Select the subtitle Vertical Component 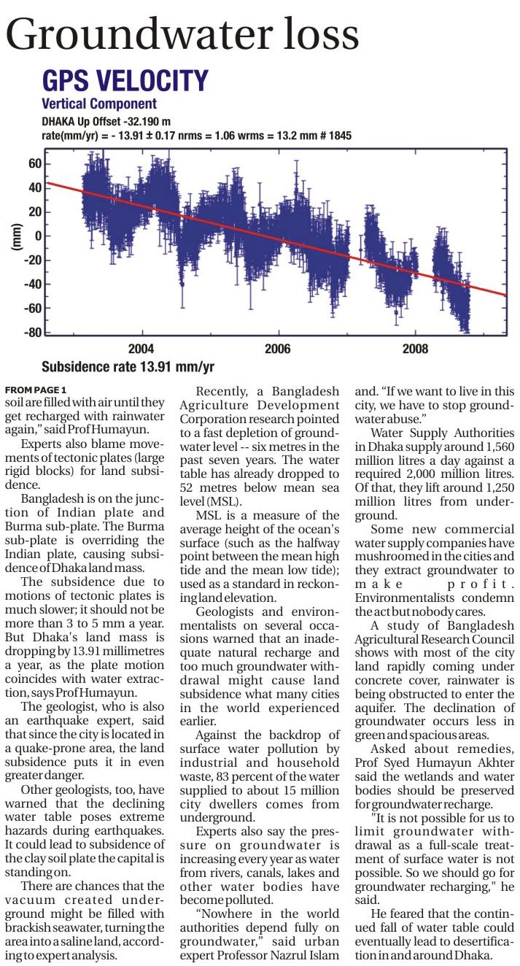[x=99, y=104]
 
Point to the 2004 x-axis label [x=141, y=349]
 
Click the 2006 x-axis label [x=277, y=349]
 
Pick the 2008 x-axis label [x=415, y=349]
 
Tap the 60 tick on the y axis [x=34, y=164]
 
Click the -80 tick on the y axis [x=32, y=333]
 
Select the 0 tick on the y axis [x=37, y=236]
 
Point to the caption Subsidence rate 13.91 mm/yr [x=128, y=367]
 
